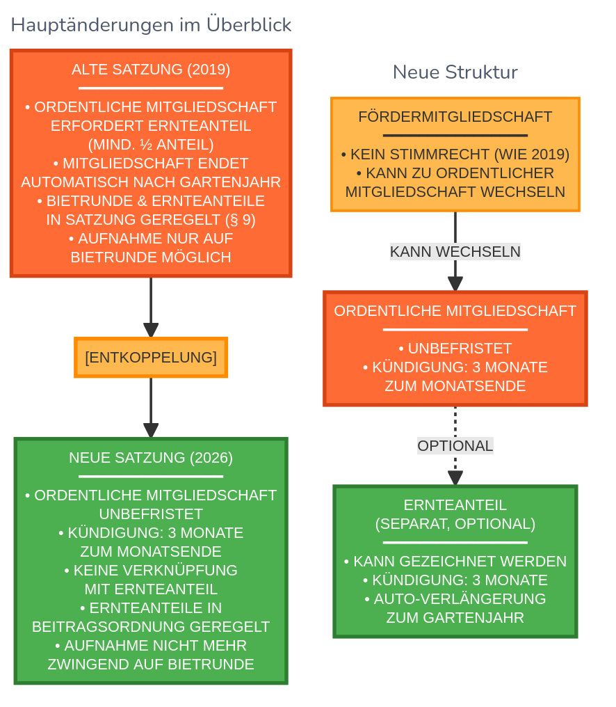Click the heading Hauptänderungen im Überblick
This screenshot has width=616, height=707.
click(151, 25)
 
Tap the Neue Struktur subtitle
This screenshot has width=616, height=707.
click(455, 72)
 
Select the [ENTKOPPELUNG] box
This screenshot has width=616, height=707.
click(151, 358)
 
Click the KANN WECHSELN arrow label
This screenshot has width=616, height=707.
click(455, 251)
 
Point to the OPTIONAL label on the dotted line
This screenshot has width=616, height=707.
click(455, 445)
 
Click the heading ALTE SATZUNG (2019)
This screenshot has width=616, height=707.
click(151, 70)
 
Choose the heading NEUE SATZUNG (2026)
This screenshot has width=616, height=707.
click(151, 457)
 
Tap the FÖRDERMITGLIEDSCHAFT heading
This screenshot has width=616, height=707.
click(455, 117)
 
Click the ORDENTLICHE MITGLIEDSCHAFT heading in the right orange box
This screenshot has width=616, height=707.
click(455, 311)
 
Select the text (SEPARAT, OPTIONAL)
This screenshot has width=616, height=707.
click(455, 524)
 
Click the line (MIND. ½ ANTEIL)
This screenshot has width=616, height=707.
click(151, 145)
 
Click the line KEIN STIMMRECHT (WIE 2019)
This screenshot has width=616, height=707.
click(455, 154)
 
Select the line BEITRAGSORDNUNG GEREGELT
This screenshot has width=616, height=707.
click(151, 626)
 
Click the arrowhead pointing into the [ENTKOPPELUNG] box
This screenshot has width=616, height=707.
click(151, 331)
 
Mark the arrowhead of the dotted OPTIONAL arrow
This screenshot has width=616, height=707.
click(455, 478)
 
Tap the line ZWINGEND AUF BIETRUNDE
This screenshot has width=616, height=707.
click(151, 664)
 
